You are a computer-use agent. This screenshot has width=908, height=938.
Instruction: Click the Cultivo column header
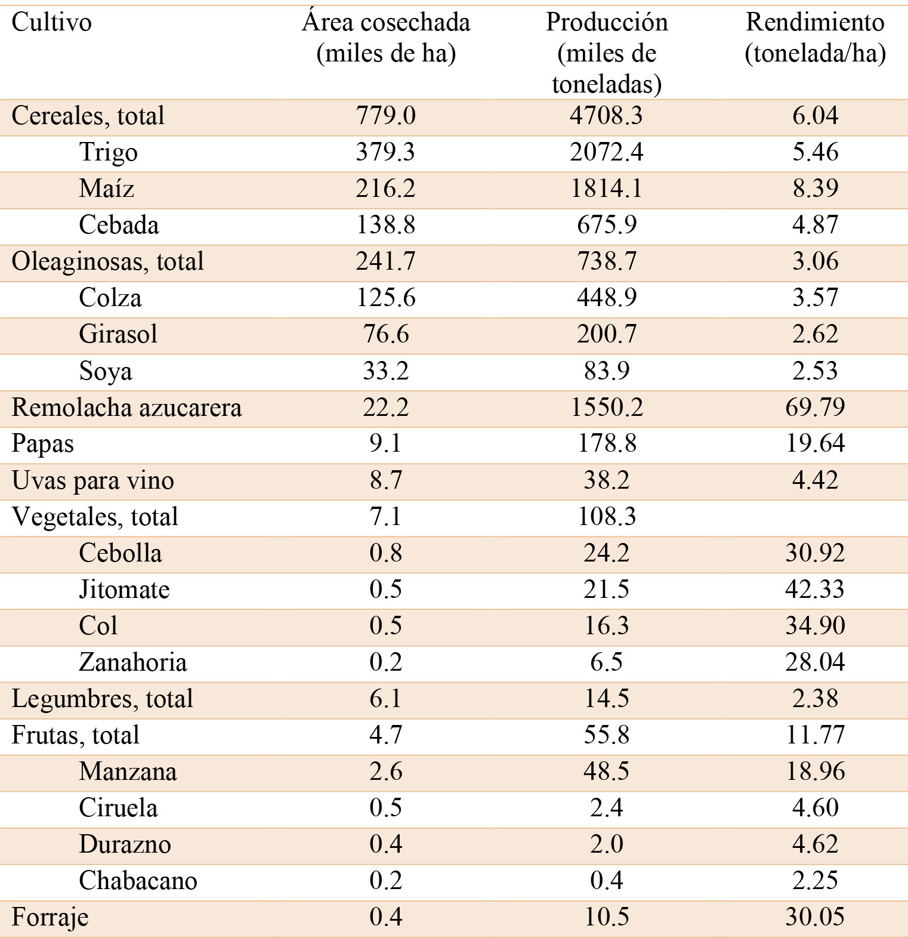pos(52,23)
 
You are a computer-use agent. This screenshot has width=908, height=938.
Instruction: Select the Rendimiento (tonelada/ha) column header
pos(815,38)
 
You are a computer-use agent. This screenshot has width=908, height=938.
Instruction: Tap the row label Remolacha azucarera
pos(126,408)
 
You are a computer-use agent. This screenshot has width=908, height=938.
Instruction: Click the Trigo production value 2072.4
pos(606,152)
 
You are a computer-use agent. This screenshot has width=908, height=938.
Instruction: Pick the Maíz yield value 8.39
pos(815,189)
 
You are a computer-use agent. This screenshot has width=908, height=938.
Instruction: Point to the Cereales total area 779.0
pos(385,115)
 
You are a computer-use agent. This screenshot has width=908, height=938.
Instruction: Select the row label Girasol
pos(118,334)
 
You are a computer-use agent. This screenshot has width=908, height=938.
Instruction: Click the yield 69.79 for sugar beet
pos(815,408)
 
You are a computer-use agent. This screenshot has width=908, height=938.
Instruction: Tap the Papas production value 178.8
pos(606,444)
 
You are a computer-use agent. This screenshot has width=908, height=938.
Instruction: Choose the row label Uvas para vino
pos(93,480)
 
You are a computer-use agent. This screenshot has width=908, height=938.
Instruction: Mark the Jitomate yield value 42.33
pos(815,590)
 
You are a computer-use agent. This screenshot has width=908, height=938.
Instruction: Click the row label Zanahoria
pos(132,662)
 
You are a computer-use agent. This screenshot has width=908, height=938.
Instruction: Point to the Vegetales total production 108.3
pos(606,517)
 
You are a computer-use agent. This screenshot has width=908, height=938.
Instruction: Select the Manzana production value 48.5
pos(606,772)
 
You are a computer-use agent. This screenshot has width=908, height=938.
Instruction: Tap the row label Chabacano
pos(138,881)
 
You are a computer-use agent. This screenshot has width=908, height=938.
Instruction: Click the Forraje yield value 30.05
pos(815,917)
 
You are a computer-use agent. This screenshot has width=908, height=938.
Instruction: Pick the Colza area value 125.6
pos(385,298)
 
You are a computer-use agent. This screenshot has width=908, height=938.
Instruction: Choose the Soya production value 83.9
pos(606,371)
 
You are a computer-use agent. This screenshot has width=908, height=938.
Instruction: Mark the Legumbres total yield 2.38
pos(815,699)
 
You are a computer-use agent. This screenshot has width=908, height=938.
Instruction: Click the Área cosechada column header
pos(386,38)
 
